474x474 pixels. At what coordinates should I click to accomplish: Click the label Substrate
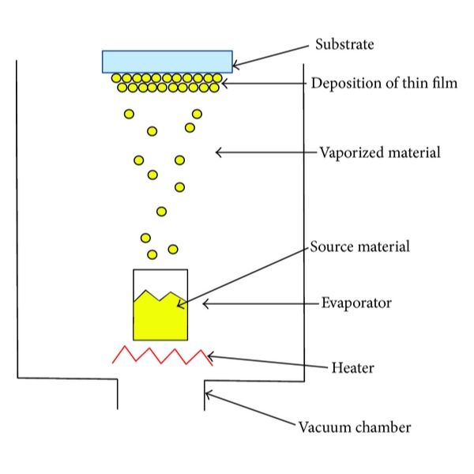(x=344, y=43)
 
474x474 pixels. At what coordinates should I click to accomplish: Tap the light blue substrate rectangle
(x=167, y=61)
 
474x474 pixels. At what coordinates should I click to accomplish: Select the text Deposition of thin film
(x=384, y=83)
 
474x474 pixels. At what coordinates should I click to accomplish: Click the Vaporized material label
(x=380, y=152)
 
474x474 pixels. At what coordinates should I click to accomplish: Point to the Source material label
(x=359, y=246)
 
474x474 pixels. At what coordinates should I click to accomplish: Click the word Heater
(x=352, y=367)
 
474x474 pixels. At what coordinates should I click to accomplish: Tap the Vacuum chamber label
(x=355, y=427)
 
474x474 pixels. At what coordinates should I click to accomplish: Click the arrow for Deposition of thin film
(x=264, y=81)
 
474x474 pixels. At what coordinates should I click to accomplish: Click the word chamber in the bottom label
(x=383, y=427)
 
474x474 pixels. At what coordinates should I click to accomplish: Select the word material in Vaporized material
(x=410, y=152)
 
